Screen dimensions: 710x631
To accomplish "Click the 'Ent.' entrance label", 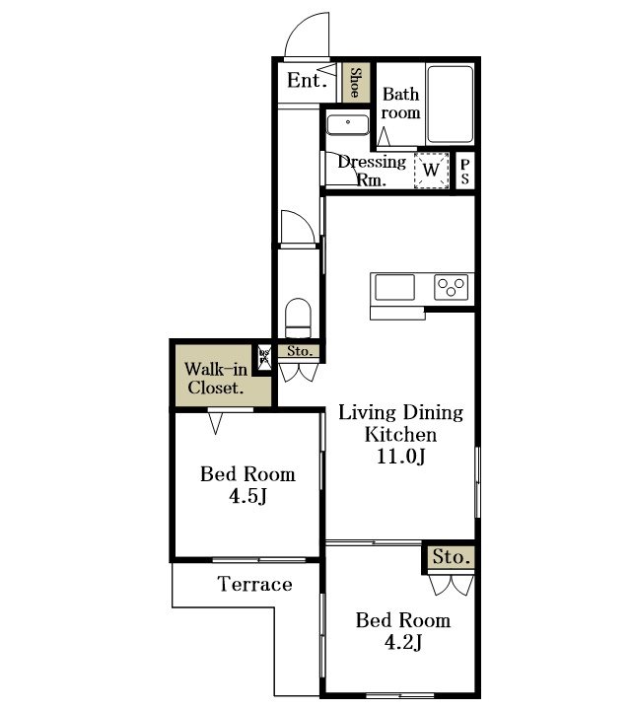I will (306, 81).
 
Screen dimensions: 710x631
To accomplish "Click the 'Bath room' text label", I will (401, 104).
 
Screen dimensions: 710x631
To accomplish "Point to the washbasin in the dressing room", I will (347, 125).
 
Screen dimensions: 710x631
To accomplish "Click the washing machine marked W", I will (430, 170).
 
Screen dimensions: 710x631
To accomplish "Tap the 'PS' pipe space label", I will (464, 171).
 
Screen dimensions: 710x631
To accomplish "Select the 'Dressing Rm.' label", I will (372, 171).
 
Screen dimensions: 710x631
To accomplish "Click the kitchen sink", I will (394, 288).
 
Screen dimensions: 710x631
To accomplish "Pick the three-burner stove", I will (452, 288).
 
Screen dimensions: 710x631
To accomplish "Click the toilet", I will (298, 318).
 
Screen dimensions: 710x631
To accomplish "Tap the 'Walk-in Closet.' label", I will (216, 379).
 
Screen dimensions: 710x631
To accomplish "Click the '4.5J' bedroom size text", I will (247, 496).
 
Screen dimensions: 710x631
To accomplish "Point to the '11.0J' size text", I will (401, 457).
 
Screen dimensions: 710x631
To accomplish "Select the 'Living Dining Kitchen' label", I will (401, 423).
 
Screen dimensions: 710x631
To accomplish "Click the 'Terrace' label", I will (255, 584).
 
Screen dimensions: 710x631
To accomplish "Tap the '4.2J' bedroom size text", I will (402, 644).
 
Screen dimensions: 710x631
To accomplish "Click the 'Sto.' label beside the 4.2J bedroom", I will (452, 557).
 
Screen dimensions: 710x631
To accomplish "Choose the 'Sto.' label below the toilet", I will (300, 351).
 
